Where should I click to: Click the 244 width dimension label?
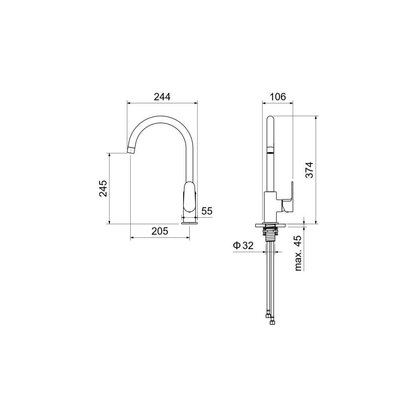point(162,97)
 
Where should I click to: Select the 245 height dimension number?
point(103,189)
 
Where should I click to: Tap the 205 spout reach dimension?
point(160,231)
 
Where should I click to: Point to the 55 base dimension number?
point(207,211)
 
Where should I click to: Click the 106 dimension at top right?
point(278,96)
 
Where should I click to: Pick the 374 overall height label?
point(309,170)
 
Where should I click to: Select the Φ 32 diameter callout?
point(243,245)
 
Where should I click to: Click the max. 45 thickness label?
point(298,253)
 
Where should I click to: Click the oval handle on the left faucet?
point(190,197)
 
